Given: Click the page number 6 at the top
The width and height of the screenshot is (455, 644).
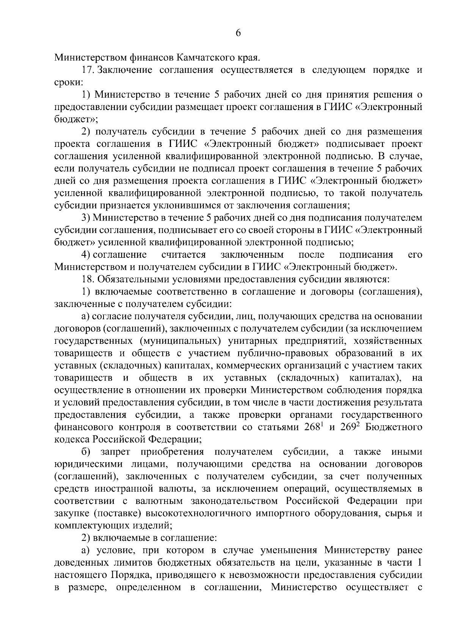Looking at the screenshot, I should point(238,33).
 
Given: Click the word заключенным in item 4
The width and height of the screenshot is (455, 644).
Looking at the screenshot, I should point(252,255).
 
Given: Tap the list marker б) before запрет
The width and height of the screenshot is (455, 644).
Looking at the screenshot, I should point(86,452).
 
